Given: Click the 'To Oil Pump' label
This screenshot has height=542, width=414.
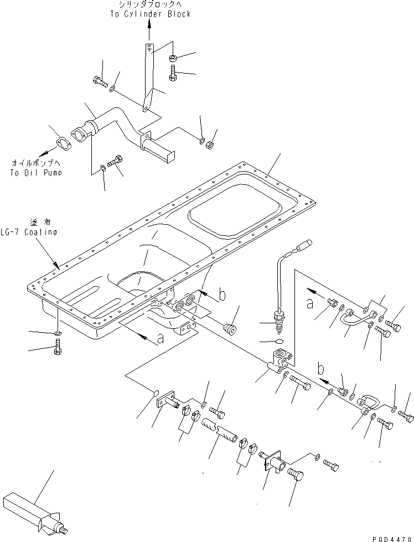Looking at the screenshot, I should point(36,172).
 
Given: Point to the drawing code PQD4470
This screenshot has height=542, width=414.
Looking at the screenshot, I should point(392,537).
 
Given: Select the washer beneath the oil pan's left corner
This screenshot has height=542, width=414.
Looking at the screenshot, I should point(58,334).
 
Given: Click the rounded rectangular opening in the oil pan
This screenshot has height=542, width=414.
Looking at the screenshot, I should point(233,213).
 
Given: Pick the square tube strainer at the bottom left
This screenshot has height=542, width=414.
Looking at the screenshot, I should point(33,510).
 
